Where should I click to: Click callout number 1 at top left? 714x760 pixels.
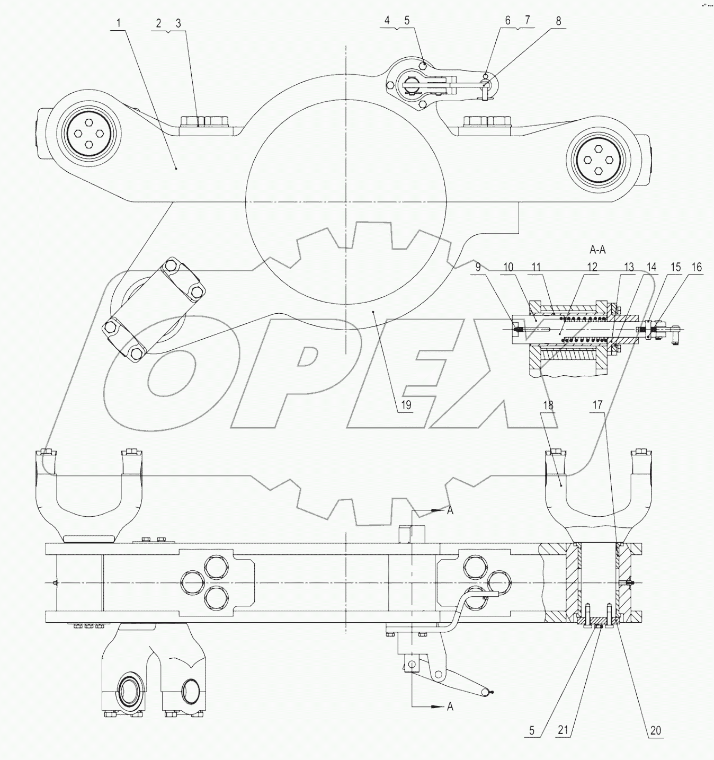click(x=119, y=23)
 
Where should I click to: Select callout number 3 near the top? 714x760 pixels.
click(x=178, y=23)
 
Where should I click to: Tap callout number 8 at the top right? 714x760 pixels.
click(x=558, y=21)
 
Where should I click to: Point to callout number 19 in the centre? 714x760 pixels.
click(x=405, y=405)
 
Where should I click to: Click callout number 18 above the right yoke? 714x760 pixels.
click(x=547, y=405)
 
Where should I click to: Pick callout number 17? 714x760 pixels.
click(x=597, y=405)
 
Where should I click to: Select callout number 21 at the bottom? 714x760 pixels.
click(x=563, y=730)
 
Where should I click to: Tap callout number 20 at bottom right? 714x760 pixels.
click(x=655, y=730)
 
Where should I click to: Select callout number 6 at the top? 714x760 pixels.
click(x=507, y=21)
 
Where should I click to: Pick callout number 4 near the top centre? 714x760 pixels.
click(x=387, y=21)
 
